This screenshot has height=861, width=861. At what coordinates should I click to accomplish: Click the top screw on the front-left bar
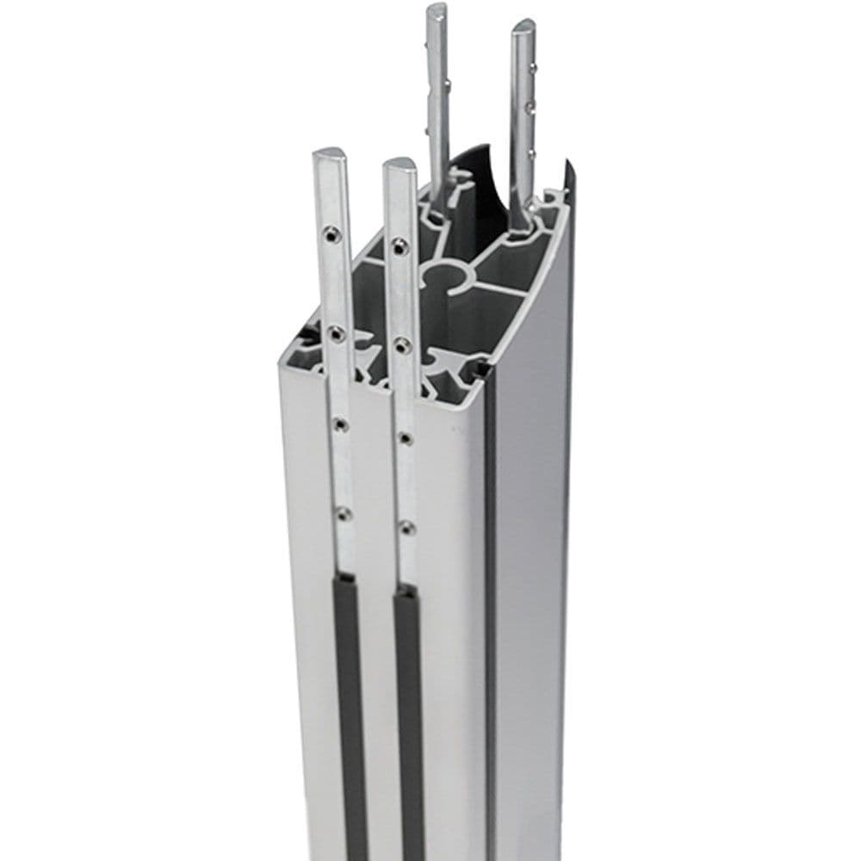(x=331, y=232)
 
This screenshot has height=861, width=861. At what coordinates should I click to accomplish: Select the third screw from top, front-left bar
(x=339, y=424)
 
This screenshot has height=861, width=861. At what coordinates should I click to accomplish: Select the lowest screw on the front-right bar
(x=406, y=527)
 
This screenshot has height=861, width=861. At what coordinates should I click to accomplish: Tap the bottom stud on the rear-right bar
(x=532, y=153)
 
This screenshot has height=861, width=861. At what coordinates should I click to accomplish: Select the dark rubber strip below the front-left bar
(x=350, y=715)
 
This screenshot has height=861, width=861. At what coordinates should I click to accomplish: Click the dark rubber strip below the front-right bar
(x=410, y=723)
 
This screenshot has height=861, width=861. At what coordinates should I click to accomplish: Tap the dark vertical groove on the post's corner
(x=490, y=603)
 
